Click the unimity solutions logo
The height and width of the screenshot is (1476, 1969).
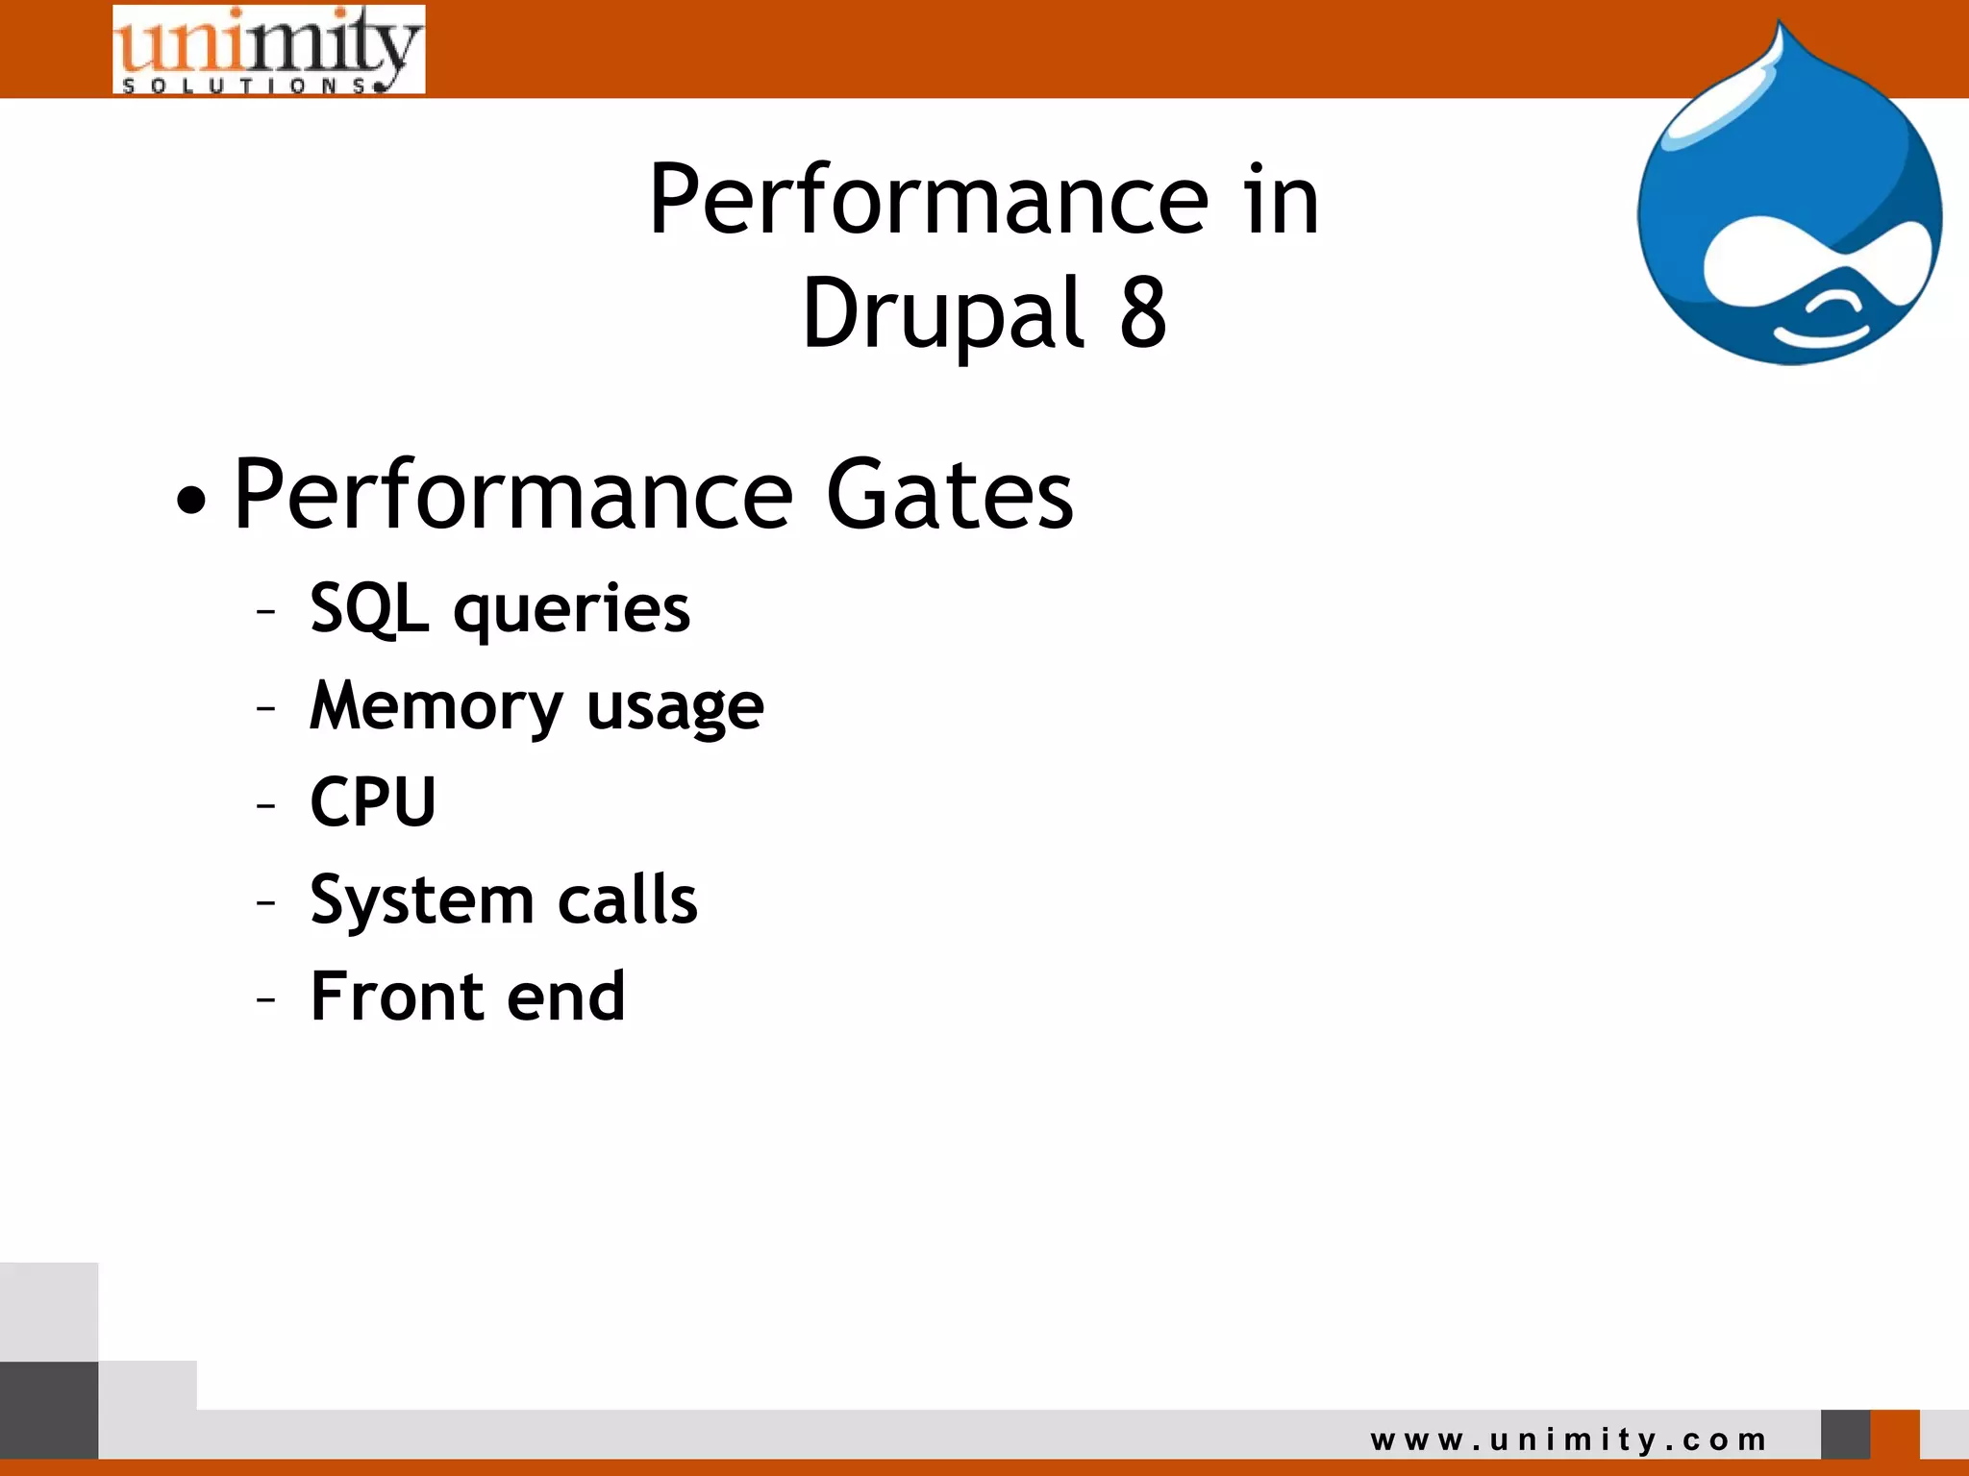click(x=268, y=50)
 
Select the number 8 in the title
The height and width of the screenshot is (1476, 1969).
click(x=1143, y=313)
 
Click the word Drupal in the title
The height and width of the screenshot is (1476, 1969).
click(x=943, y=313)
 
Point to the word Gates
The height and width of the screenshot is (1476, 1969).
click(x=949, y=495)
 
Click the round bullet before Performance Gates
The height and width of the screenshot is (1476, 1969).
click(x=191, y=500)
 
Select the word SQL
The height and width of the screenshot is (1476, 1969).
click(x=368, y=609)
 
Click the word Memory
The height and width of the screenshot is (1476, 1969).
click(x=436, y=707)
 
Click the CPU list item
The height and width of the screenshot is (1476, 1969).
click(x=373, y=801)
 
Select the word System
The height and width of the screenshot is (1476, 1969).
click(x=421, y=901)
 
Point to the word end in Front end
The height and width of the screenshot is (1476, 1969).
click(x=566, y=996)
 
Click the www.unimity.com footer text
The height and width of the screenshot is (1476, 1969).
click(x=1568, y=1439)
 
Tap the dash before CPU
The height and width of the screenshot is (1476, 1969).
click(x=266, y=804)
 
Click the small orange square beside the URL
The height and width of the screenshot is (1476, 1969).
click(x=1895, y=1434)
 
